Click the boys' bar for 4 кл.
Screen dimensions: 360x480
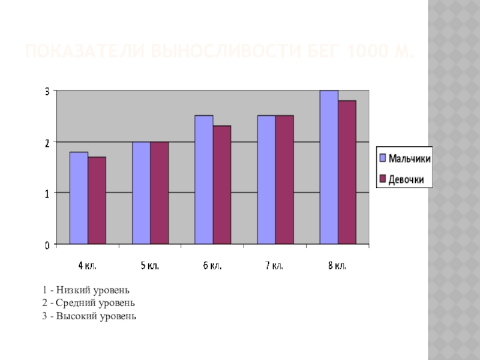pos(79,198)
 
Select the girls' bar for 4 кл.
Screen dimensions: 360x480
pos(97,200)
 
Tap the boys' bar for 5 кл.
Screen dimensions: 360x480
pos(141,193)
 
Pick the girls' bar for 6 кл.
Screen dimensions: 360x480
pos(221,185)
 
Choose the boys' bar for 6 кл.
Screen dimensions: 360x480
pos(203,179)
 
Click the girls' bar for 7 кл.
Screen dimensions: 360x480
pos(284,179)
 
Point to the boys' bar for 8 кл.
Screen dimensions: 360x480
pos(329,167)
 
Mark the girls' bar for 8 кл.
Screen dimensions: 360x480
pos(347,172)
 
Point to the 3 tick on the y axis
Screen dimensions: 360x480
pos(47,91)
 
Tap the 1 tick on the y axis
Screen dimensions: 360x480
pos(47,193)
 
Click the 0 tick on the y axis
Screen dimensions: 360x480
pos(47,245)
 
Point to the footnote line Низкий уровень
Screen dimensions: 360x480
pos(86,290)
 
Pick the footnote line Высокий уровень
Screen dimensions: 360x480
pos(89,316)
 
